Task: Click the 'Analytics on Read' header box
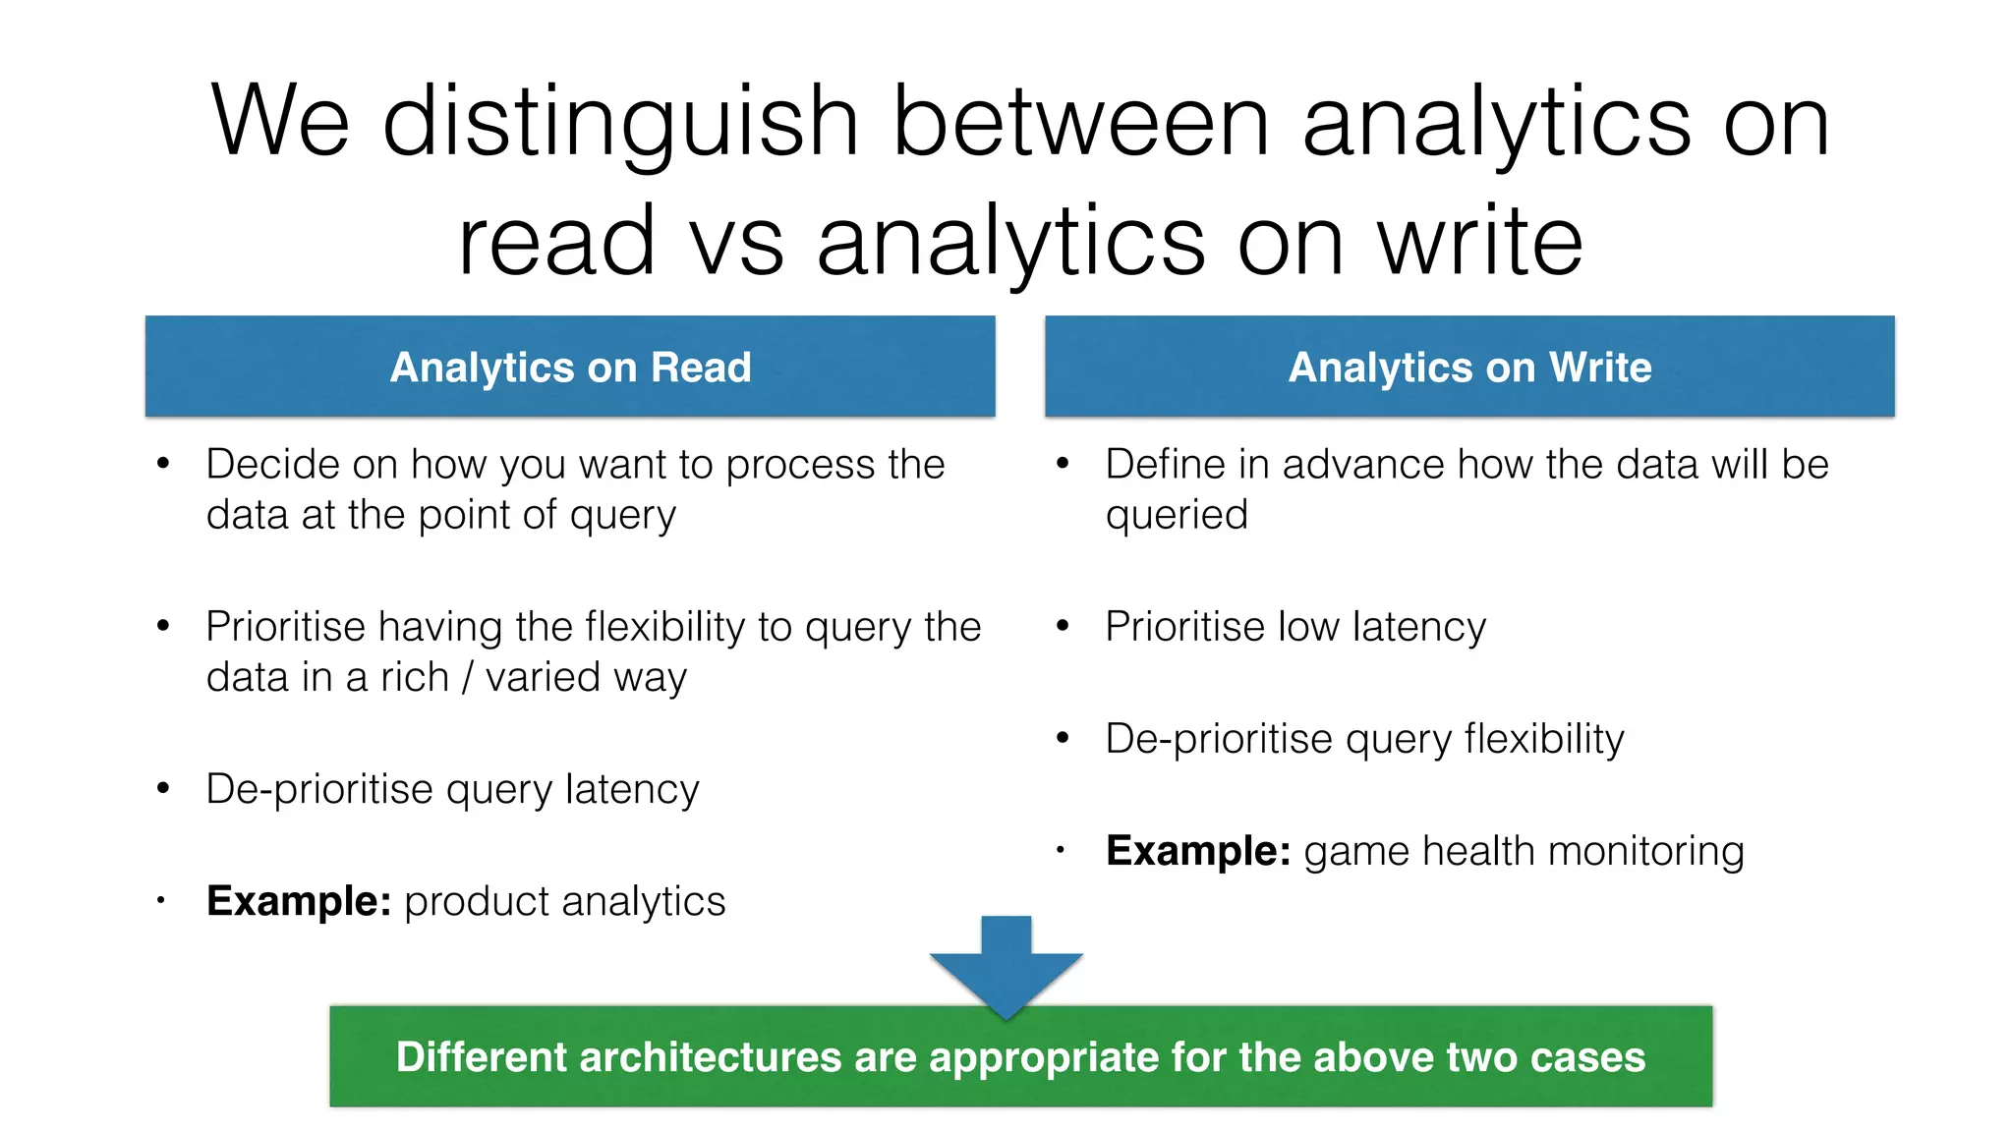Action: pyautogui.click(x=570, y=367)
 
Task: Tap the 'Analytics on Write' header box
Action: pyautogui.click(x=1469, y=367)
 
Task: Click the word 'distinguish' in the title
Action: pyautogui.click(x=620, y=122)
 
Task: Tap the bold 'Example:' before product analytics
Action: pyautogui.click(x=299, y=901)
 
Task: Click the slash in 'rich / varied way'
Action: pyautogui.click(x=467, y=677)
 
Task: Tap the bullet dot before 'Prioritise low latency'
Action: pyautogui.click(x=1062, y=626)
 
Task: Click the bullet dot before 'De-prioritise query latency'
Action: pyautogui.click(x=163, y=788)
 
